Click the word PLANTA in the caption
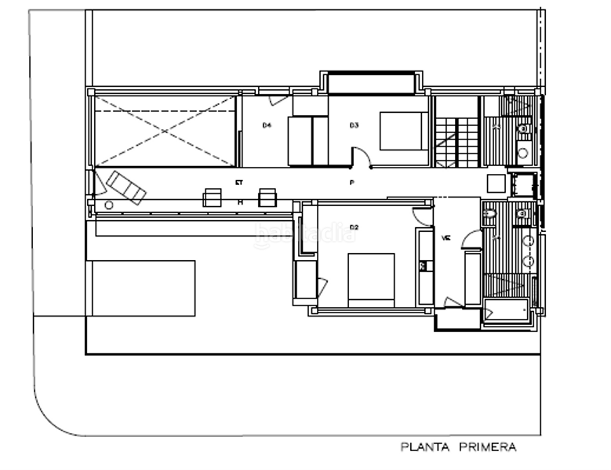[x=425, y=448]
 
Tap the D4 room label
[x=267, y=125]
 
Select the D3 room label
[x=354, y=125]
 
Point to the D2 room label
[x=354, y=228]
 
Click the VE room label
[x=446, y=237]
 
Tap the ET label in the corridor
[x=239, y=182]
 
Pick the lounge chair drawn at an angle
[x=126, y=187]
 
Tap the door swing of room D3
[x=362, y=159]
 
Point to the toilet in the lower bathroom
[x=489, y=214]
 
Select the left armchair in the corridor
[x=212, y=197]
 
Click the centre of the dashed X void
[x=164, y=130]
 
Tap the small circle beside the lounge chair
[x=109, y=204]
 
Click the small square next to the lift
[x=496, y=183]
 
